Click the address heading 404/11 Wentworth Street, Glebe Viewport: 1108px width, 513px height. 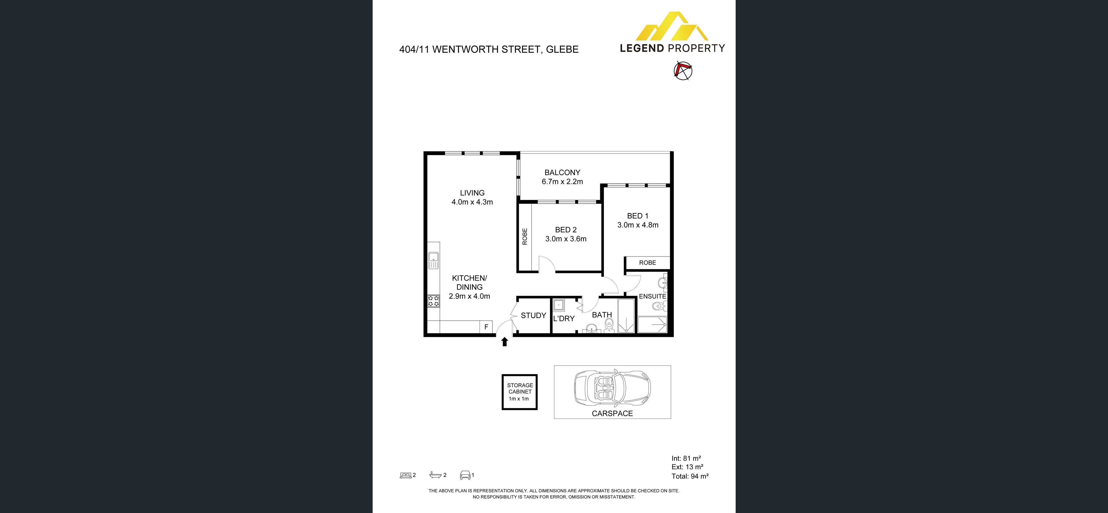tap(489, 49)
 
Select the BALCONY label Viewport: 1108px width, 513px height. tap(562, 173)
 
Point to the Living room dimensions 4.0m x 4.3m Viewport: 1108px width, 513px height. tap(472, 202)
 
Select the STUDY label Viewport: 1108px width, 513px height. tap(533, 316)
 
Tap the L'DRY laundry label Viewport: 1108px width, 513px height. tap(563, 319)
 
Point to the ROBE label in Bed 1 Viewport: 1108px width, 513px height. tap(647, 263)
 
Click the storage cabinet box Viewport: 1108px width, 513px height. tap(520, 392)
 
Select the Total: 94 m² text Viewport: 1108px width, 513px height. tap(690, 476)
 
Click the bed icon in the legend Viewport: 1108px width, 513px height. tap(405, 475)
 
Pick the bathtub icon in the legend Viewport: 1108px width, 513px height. tap(435, 475)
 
